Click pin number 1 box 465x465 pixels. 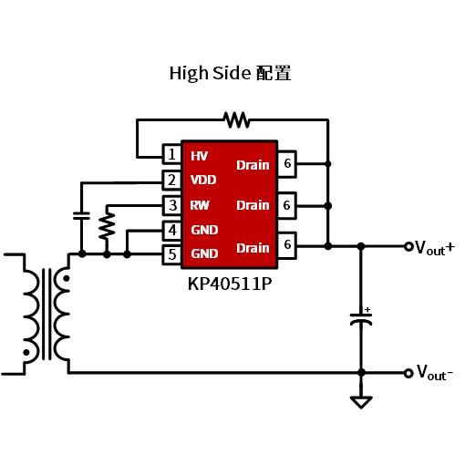(172, 154)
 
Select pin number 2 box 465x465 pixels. (172, 181)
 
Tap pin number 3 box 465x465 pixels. (172, 205)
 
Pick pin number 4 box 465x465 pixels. (172, 231)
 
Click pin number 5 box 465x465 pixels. (172, 254)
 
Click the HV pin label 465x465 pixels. (199, 156)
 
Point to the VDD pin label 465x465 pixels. (203, 180)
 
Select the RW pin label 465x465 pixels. (200, 205)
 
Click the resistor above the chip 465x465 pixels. (237, 120)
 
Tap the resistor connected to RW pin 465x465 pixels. (107, 225)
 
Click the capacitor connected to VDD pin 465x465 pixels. (81, 216)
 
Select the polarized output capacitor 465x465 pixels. (361, 319)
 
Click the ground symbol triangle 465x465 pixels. (361, 402)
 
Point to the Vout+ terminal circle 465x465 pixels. (408, 246)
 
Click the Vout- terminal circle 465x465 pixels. (408, 373)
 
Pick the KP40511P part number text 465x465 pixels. (230, 284)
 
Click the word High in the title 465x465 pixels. (189, 74)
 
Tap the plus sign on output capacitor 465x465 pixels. (367, 310)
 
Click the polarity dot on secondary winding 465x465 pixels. (66, 278)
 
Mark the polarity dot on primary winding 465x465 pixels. (26, 353)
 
